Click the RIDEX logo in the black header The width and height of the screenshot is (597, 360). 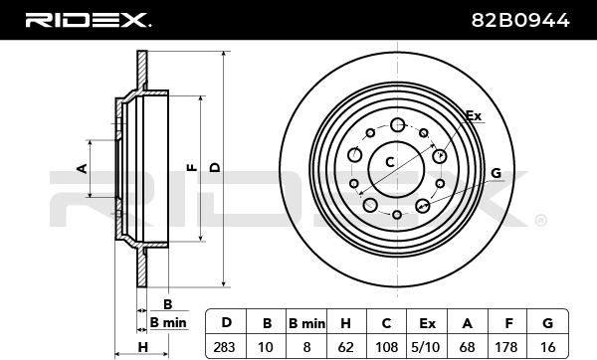pos(88,20)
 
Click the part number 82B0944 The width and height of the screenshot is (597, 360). pos(520,20)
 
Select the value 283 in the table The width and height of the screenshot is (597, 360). pos(224,347)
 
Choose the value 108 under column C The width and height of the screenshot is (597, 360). pos(386,347)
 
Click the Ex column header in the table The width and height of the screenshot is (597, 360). pos(427,323)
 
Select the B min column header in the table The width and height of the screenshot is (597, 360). pos(306,323)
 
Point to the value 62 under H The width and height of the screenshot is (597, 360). pos(346,347)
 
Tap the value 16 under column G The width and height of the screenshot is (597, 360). pos(548,347)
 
